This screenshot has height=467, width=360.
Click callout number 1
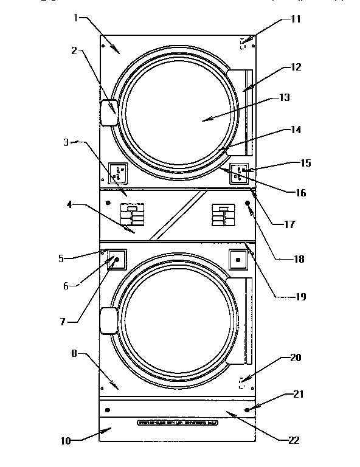pos(76,18)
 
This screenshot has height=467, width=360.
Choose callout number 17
pos(289,224)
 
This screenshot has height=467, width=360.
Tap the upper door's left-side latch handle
pos(108,112)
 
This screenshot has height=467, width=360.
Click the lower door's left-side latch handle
pos(108,321)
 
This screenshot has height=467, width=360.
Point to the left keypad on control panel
pos(132,215)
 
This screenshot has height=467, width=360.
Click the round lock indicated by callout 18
pos(248,203)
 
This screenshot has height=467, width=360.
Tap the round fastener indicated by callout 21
pos(247,410)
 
